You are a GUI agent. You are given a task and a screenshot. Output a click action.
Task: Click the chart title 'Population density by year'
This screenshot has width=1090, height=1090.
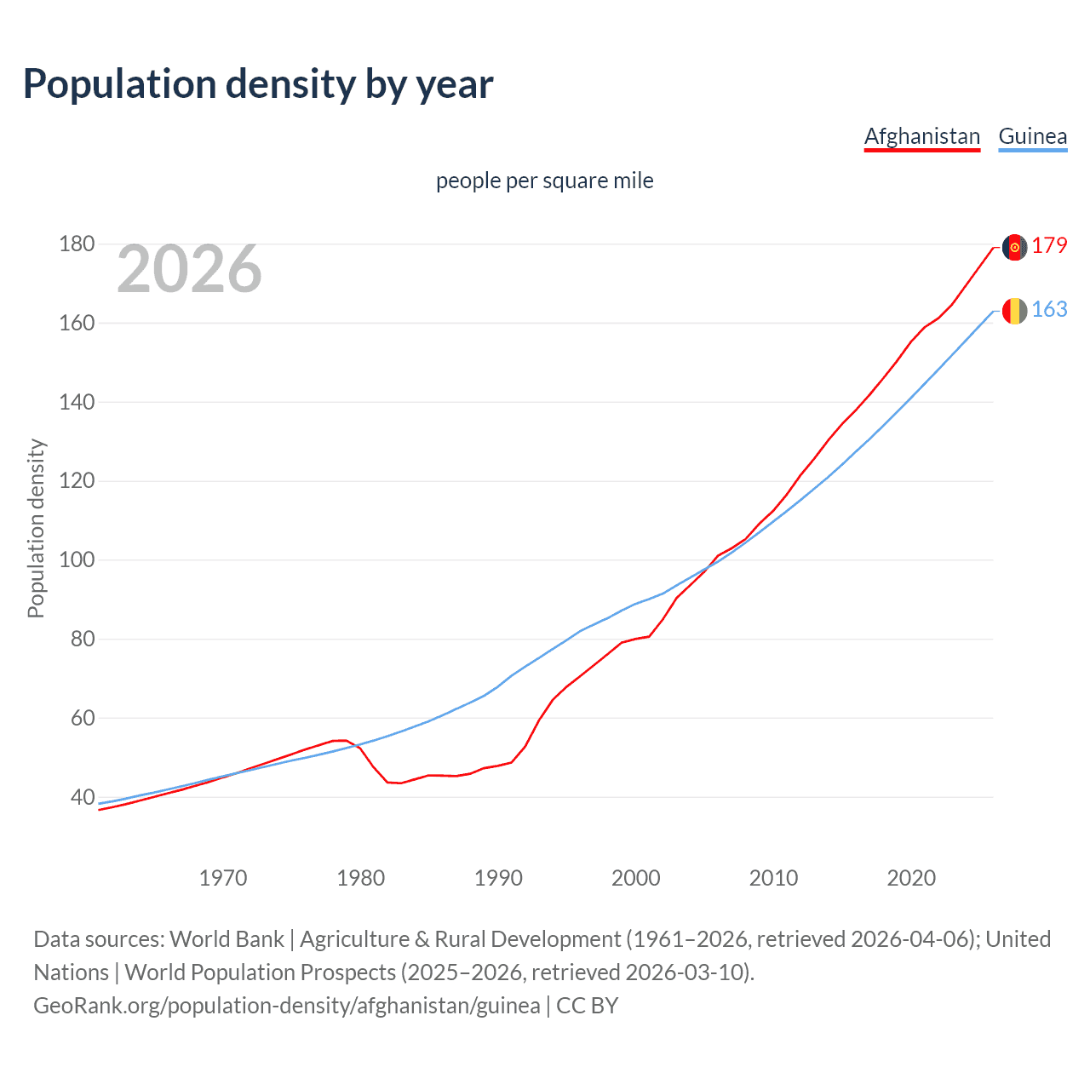click(258, 84)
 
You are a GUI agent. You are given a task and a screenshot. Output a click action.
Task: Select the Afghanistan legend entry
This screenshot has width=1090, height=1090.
click(922, 136)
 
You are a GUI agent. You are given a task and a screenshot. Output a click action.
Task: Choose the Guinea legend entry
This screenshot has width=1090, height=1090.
click(1032, 136)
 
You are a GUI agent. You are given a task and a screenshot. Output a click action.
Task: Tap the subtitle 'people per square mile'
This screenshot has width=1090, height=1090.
click(544, 181)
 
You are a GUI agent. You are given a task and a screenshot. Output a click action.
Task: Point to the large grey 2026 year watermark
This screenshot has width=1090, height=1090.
click(189, 269)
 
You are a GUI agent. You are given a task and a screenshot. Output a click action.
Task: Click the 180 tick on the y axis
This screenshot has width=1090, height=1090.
click(77, 244)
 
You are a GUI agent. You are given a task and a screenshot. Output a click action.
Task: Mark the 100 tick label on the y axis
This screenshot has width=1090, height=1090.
click(77, 560)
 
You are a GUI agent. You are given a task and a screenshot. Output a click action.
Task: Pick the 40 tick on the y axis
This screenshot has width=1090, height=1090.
click(83, 798)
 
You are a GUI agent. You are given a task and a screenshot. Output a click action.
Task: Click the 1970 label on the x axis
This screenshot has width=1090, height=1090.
click(223, 878)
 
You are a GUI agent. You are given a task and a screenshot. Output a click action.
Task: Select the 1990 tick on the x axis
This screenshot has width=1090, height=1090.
click(498, 878)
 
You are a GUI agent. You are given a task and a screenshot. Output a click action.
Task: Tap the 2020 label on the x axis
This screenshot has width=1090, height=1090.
click(911, 878)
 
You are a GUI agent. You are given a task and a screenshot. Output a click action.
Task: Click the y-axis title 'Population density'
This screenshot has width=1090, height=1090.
click(36, 528)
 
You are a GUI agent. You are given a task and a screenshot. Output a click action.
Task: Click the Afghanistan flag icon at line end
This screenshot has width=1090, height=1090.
click(1014, 247)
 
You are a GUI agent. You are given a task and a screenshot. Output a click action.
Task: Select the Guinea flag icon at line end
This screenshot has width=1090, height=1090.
click(1014, 311)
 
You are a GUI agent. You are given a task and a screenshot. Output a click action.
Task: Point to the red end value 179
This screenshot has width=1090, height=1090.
click(1049, 246)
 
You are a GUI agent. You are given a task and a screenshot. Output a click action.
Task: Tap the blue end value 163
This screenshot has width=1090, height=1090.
click(1049, 310)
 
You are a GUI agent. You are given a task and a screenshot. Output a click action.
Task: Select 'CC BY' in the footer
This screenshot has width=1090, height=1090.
click(588, 1006)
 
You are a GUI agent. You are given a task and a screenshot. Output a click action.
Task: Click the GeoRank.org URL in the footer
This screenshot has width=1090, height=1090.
click(287, 1006)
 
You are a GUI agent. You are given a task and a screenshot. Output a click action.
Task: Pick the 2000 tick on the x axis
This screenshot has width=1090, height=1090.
click(636, 878)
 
